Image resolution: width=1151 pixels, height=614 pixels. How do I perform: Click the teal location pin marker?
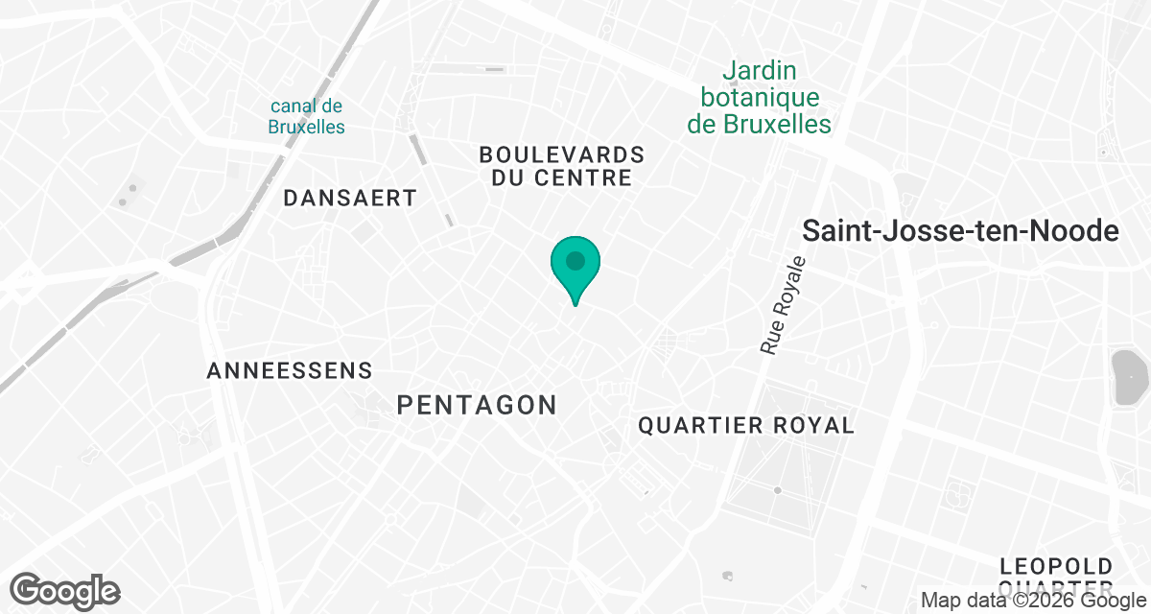tap(575, 264)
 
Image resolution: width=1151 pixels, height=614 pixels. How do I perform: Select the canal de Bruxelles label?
tap(306, 116)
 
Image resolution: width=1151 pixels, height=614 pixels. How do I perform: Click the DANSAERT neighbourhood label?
tap(350, 199)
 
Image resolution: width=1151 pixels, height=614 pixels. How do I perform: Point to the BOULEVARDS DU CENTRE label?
tap(561, 166)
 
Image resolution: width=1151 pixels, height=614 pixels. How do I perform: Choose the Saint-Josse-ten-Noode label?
tap(960, 231)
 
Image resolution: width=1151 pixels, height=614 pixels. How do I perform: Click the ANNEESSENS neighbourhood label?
tap(289, 370)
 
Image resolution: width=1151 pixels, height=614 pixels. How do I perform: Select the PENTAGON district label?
tap(477, 406)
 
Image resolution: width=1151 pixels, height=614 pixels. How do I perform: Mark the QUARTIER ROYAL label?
tap(745, 425)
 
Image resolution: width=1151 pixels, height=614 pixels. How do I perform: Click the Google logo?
tap(65, 590)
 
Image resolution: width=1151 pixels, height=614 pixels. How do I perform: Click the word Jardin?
tap(760, 71)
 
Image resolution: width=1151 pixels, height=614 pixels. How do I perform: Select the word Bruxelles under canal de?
tap(306, 127)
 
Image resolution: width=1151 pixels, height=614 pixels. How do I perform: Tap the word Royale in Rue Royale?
tap(788, 290)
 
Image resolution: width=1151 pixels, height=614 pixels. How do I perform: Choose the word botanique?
tap(760, 97)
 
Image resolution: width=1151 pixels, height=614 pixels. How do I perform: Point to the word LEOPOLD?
tap(1055, 566)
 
